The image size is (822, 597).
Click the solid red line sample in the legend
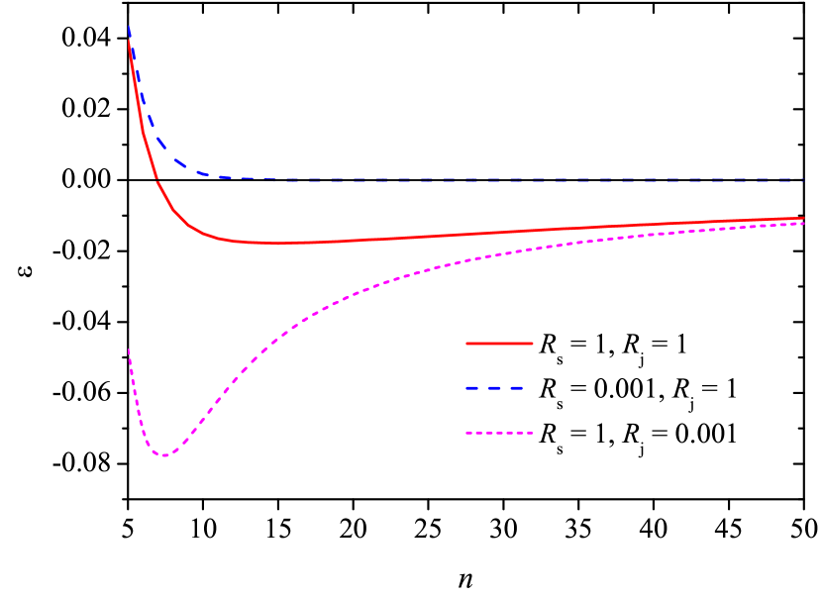(499, 344)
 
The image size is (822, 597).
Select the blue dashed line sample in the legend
(494, 388)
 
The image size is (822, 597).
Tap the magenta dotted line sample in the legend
(499, 433)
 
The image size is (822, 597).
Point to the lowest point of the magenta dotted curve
(164, 455)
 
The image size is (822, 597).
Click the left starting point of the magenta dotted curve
(129, 349)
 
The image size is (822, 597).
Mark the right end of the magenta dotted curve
(804, 224)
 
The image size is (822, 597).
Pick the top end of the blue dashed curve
(129, 28)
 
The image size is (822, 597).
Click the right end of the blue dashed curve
(805, 180)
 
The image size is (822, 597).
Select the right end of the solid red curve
(804, 218)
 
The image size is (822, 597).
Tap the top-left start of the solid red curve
(129, 42)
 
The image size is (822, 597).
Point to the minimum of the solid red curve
(277, 243)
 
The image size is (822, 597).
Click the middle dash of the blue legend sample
(494, 388)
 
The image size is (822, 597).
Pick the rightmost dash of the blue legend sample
(516, 388)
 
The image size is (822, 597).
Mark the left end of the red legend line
(466, 344)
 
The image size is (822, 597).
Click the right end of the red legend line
(533, 344)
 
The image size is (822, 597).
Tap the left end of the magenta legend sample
(466, 433)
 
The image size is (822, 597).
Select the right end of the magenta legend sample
(533, 433)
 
